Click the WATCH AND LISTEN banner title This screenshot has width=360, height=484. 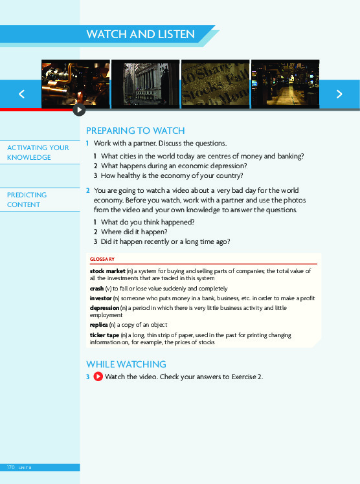[141, 34]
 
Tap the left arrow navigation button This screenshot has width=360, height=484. [21, 94]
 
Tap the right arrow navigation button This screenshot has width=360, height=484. [339, 94]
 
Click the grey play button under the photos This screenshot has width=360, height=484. [78, 111]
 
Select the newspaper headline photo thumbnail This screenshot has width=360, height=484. [215, 84]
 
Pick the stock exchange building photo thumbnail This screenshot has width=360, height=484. [145, 84]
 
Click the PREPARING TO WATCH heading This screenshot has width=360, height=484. [135, 130]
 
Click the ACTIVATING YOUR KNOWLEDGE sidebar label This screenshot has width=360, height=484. [38, 153]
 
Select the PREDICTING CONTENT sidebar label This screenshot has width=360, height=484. [27, 200]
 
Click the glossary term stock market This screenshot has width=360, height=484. [107, 270]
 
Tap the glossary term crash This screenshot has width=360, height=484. [96, 288]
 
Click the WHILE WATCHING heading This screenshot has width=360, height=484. [126, 364]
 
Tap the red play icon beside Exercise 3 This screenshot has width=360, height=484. [98, 377]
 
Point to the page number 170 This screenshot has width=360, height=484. [10, 467]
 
